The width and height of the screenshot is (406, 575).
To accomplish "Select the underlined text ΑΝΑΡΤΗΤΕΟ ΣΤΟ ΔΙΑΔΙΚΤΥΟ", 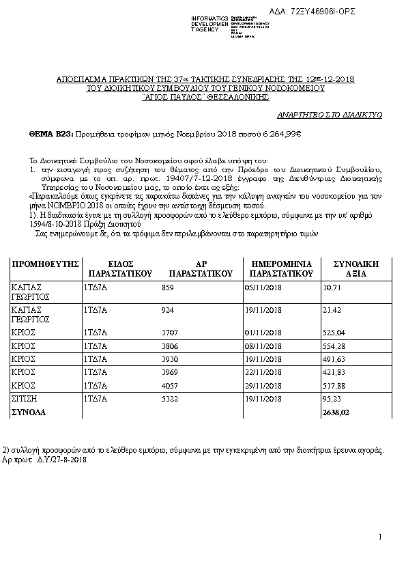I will tap(329, 115).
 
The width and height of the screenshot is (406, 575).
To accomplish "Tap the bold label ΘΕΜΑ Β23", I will tap(50, 135).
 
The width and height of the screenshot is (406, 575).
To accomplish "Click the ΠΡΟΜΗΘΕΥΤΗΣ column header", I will tap(46, 263).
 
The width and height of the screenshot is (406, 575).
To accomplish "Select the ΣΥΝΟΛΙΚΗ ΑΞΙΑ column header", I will tap(355, 268).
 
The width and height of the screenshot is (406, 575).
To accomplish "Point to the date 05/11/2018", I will tap(262, 288).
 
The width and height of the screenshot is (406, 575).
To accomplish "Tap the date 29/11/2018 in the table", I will tap(262, 385).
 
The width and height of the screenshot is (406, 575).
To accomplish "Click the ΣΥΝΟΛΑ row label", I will tap(29, 412).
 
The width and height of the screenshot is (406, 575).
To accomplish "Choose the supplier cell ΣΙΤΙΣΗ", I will tap(25, 398).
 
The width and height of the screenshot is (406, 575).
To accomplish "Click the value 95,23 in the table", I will tap(331, 398).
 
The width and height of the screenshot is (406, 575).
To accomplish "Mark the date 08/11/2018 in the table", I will tap(262, 346).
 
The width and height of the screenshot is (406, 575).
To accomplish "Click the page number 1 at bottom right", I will tap(380, 537).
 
